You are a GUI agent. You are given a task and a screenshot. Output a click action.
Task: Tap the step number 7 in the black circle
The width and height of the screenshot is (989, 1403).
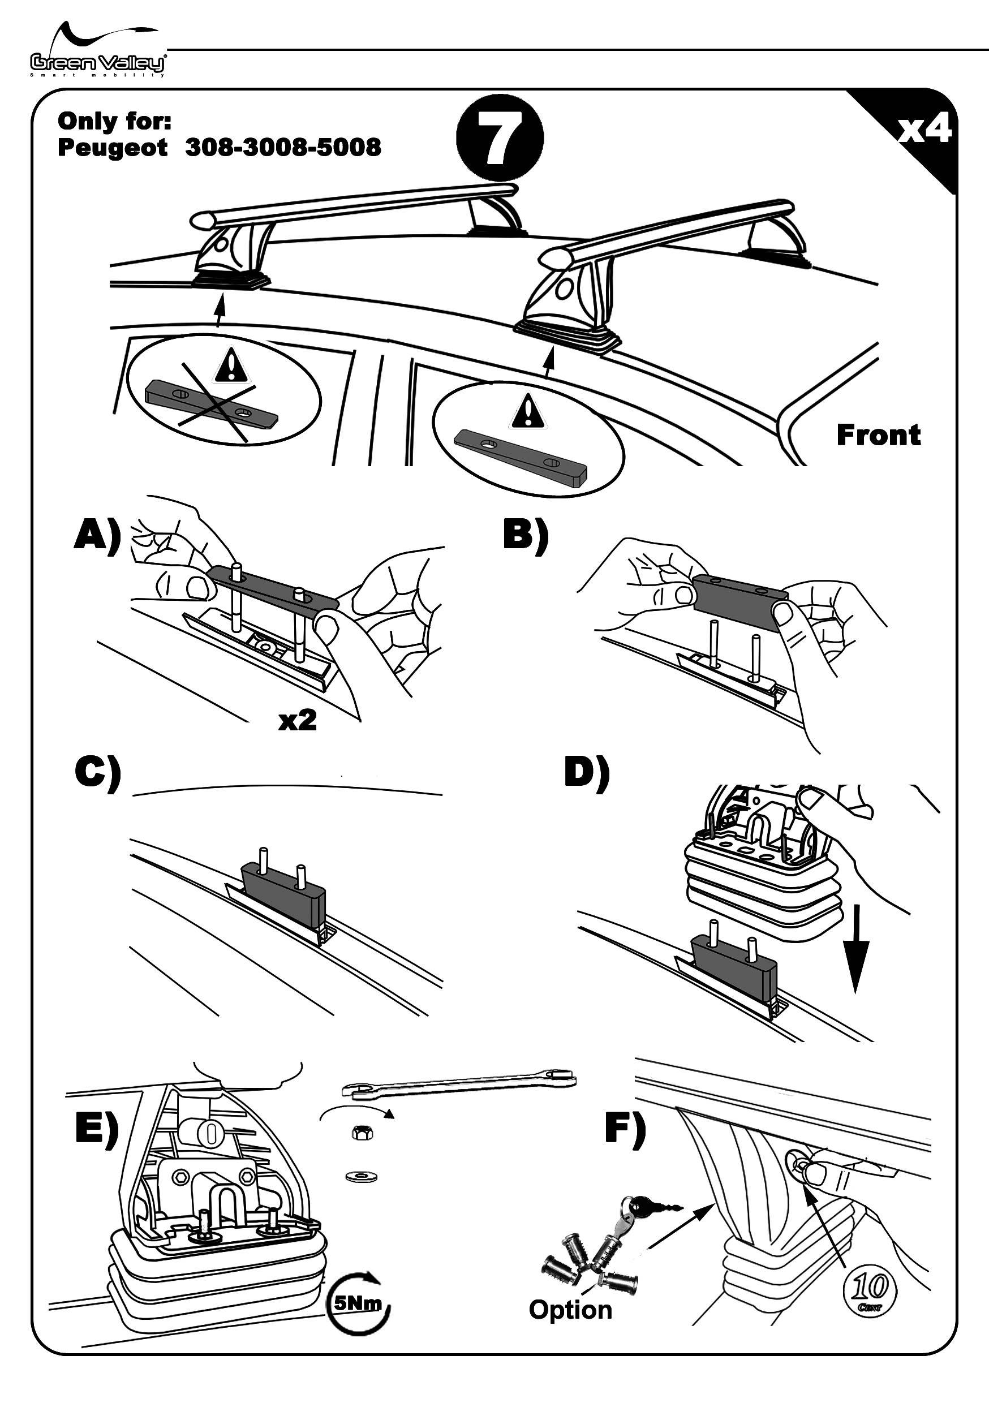click(x=500, y=140)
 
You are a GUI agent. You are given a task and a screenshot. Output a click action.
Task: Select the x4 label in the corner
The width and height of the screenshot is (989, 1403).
click(x=924, y=130)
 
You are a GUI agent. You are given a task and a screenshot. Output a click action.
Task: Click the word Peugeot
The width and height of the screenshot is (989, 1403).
click(x=112, y=148)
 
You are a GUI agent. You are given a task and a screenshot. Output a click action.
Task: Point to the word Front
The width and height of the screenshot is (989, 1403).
click(x=878, y=435)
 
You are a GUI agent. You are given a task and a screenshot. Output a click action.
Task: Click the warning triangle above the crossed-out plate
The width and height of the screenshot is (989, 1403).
click(x=230, y=365)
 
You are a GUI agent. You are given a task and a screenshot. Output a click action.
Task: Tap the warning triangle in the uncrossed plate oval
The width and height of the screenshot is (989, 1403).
click(x=527, y=411)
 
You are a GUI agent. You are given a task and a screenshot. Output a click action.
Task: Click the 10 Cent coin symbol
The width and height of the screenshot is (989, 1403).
click(x=870, y=1289)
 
